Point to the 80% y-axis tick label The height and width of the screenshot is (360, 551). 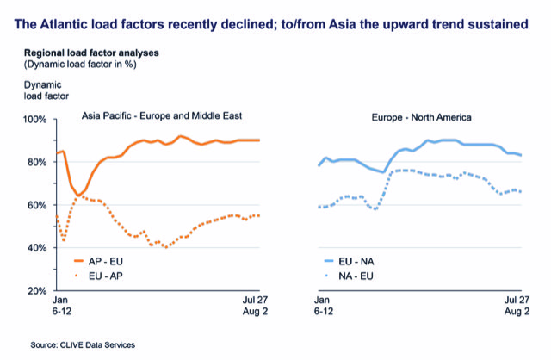point(35,162)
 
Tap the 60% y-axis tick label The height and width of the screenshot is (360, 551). point(35,205)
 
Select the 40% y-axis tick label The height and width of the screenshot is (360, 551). point(35,248)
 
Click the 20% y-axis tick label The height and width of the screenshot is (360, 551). point(35,291)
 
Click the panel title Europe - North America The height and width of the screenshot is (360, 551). point(417,115)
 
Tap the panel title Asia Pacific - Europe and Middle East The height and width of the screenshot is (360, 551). point(162,115)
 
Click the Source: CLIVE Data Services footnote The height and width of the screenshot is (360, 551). point(82,344)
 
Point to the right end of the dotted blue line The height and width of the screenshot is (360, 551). point(522,190)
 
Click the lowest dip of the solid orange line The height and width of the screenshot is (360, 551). point(79,196)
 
